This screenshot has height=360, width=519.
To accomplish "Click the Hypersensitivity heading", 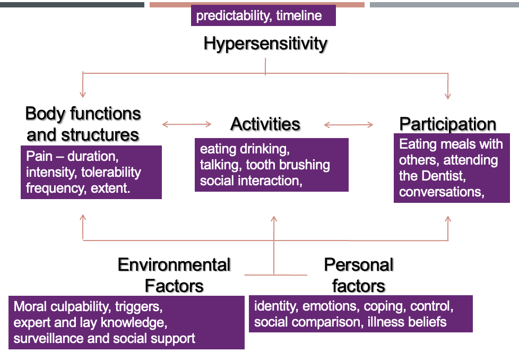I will [265, 44].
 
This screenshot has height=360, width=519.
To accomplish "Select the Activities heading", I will [265, 124].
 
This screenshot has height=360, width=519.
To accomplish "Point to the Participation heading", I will [447, 124].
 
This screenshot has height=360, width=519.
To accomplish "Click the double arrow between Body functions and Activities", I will [187, 125].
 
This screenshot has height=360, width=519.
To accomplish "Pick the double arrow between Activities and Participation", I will [349, 125].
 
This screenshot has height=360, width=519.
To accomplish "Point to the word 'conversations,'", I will [441, 192].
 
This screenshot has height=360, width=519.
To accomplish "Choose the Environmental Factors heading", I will [174, 275].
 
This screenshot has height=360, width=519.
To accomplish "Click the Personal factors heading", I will [359, 275].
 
